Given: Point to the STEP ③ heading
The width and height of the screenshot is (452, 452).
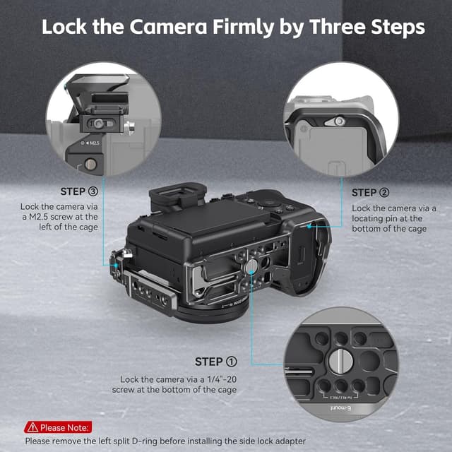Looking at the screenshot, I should coord(83,191).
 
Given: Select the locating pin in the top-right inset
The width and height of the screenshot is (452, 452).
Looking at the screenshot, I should coord(340,121).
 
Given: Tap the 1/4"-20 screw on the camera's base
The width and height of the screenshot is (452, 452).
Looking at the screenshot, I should coord(251,265).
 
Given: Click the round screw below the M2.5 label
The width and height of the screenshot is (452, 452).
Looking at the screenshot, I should coord(90,165).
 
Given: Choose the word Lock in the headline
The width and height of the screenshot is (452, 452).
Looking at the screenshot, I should coord(65,27).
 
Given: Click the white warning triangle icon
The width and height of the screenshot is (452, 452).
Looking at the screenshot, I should coord(32,427).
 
